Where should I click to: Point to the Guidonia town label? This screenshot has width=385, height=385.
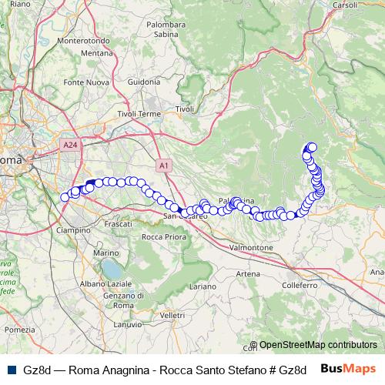tap(144, 82)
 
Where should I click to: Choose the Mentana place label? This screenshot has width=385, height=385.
tap(97, 53)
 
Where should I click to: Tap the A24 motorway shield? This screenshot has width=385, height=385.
tap(69, 143)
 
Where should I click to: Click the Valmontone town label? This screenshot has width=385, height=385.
tap(252, 248)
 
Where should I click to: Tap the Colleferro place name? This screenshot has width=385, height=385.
tap(300, 285)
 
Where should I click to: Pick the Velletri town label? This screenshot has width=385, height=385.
tap(173, 316)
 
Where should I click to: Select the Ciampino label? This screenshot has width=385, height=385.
tap(74, 229)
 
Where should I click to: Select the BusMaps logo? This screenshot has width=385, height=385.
tap(348, 369)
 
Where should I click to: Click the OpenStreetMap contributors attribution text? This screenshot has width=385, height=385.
tap(318, 345)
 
